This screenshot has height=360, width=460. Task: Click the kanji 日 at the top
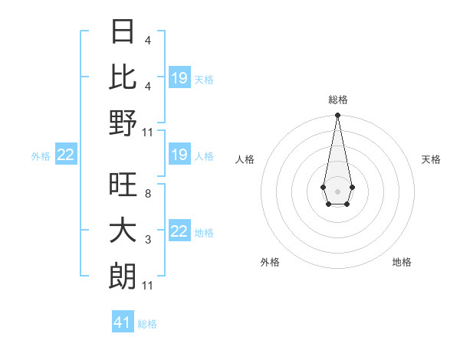pyautogui.click(x=123, y=32)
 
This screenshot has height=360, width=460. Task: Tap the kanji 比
pyautogui.click(x=123, y=77)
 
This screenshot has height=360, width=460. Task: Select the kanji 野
pyautogui.click(x=123, y=123)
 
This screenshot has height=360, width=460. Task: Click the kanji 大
pyautogui.click(x=123, y=231)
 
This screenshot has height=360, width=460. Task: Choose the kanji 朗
pyautogui.click(x=123, y=277)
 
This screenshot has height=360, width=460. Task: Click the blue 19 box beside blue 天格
pyautogui.click(x=179, y=78)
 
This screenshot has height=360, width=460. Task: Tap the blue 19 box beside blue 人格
pyautogui.click(x=179, y=155)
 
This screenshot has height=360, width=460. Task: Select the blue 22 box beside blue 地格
pyautogui.click(x=179, y=232)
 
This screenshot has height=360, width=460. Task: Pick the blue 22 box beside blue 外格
pyautogui.click(x=66, y=155)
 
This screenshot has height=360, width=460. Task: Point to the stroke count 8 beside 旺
pyautogui.click(x=147, y=194)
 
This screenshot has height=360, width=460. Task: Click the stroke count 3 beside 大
pyautogui.click(x=147, y=240)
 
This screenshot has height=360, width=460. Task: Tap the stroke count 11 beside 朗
pyautogui.click(x=147, y=286)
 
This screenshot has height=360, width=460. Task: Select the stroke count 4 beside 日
pyautogui.click(x=147, y=40)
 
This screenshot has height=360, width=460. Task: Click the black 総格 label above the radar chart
pyautogui.click(x=337, y=100)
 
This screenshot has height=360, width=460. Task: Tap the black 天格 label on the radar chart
pyautogui.click(x=431, y=159)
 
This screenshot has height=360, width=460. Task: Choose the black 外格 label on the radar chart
pyautogui.click(x=270, y=262)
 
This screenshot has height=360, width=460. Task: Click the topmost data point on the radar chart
pyautogui.click(x=337, y=116)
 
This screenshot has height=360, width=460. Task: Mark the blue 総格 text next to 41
pyautogui.click(x=147, y=324)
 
